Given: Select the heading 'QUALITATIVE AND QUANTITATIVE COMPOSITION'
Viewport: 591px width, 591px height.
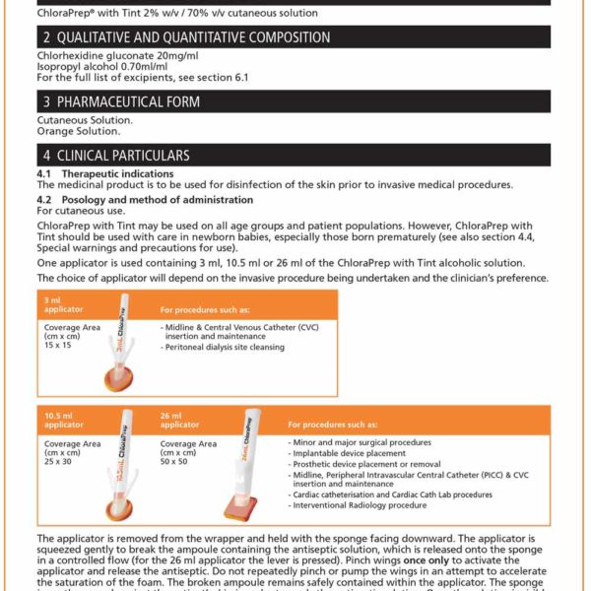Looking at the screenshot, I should [195, 37].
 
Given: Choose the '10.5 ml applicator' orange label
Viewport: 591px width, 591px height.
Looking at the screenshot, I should [65, 421].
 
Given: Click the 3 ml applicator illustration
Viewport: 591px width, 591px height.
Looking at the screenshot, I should [117, 340].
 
